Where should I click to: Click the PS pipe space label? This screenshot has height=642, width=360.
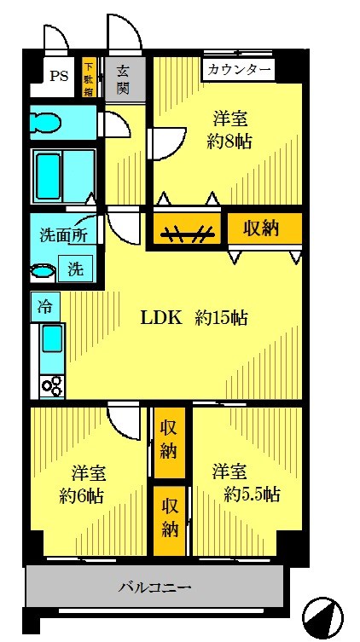click(59, 76)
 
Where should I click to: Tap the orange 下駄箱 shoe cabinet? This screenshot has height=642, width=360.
click(89, 77)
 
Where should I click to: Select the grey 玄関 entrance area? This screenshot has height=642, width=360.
click(125, 78)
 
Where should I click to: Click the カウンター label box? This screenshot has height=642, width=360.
click(240, 70)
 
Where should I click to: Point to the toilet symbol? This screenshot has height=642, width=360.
click(46, 122)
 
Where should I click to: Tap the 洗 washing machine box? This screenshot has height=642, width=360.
click(75, 269)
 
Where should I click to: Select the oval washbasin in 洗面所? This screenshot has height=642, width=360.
click(43, 271)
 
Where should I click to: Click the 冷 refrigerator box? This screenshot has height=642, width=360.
click(45, 307)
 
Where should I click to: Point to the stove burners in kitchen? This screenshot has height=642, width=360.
click(52, 385)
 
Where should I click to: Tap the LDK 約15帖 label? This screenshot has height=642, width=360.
click(195, 318)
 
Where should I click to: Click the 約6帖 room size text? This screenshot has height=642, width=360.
click(82, 496)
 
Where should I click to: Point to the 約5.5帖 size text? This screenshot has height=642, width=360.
click(252, 495)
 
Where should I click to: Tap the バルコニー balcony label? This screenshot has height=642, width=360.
click(155, 588)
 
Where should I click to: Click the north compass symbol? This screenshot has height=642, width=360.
click(322, 615)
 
